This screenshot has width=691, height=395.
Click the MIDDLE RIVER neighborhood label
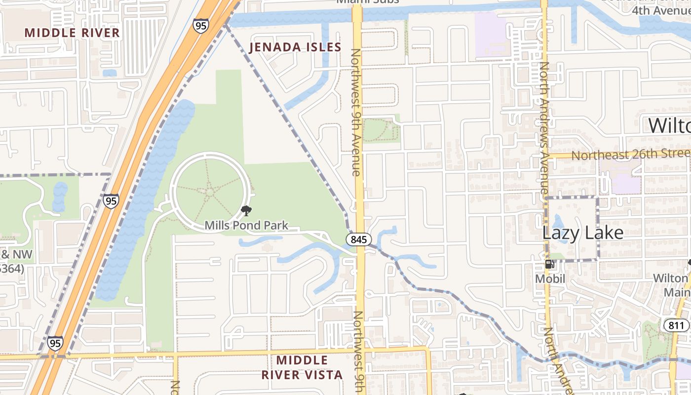(72, 33)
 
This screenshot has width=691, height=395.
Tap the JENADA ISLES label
(295, 47)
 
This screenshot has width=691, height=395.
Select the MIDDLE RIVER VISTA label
(302, 367)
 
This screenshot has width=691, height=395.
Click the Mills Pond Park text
(246, 226)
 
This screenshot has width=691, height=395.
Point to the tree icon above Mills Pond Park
(246, 211)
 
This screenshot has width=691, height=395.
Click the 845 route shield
(359, 239)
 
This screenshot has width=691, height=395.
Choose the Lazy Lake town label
(583, 233)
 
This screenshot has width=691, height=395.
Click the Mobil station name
(549, 278)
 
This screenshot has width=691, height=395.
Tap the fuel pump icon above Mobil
(549, 264)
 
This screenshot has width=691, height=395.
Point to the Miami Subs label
(367, 2)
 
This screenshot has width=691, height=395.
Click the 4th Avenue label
(661, 10)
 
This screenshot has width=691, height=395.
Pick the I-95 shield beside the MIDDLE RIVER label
(201, 26)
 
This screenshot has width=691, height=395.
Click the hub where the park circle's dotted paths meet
(209, 190)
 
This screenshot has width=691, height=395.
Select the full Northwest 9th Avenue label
(356, 112)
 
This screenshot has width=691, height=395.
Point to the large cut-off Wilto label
(669, 125)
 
